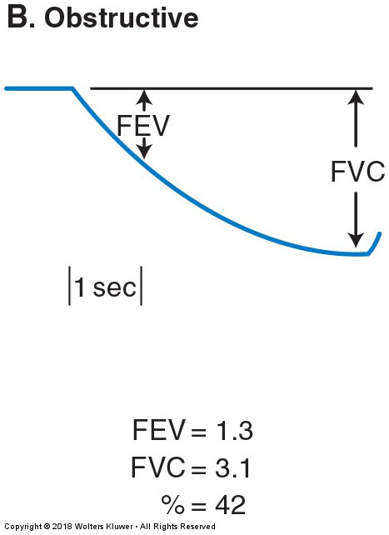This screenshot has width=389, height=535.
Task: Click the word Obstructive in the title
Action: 122,17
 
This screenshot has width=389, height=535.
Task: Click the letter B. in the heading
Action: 21,17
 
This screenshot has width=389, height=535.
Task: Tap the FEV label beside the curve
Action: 143,126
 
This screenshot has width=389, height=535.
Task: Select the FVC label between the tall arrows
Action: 357,172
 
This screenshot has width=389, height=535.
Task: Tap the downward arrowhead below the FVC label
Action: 356,239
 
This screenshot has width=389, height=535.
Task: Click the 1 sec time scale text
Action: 105,287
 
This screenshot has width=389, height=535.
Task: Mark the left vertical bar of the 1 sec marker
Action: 70,286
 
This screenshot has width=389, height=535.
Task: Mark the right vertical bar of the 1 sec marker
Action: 141,286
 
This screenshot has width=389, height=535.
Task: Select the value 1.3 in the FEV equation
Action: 234,430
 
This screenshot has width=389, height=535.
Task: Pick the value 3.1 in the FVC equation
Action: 233,467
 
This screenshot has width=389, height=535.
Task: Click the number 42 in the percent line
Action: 230,505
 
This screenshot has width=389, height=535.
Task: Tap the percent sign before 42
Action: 173,505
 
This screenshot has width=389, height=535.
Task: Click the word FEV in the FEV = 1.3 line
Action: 158,430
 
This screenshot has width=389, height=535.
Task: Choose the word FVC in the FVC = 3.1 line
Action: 158,467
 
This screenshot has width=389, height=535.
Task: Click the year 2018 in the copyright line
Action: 62,527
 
